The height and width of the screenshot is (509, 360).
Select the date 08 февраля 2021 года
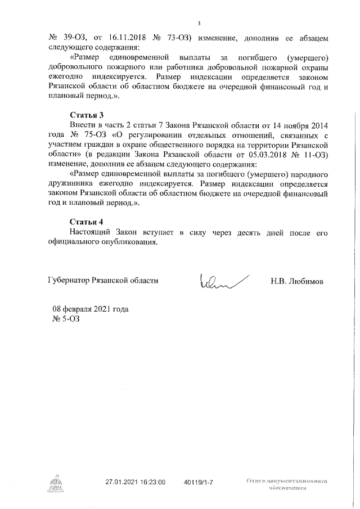point(90,309)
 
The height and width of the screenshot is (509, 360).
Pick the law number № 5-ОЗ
point(66,319)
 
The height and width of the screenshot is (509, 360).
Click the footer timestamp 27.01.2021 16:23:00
point(136,483)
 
